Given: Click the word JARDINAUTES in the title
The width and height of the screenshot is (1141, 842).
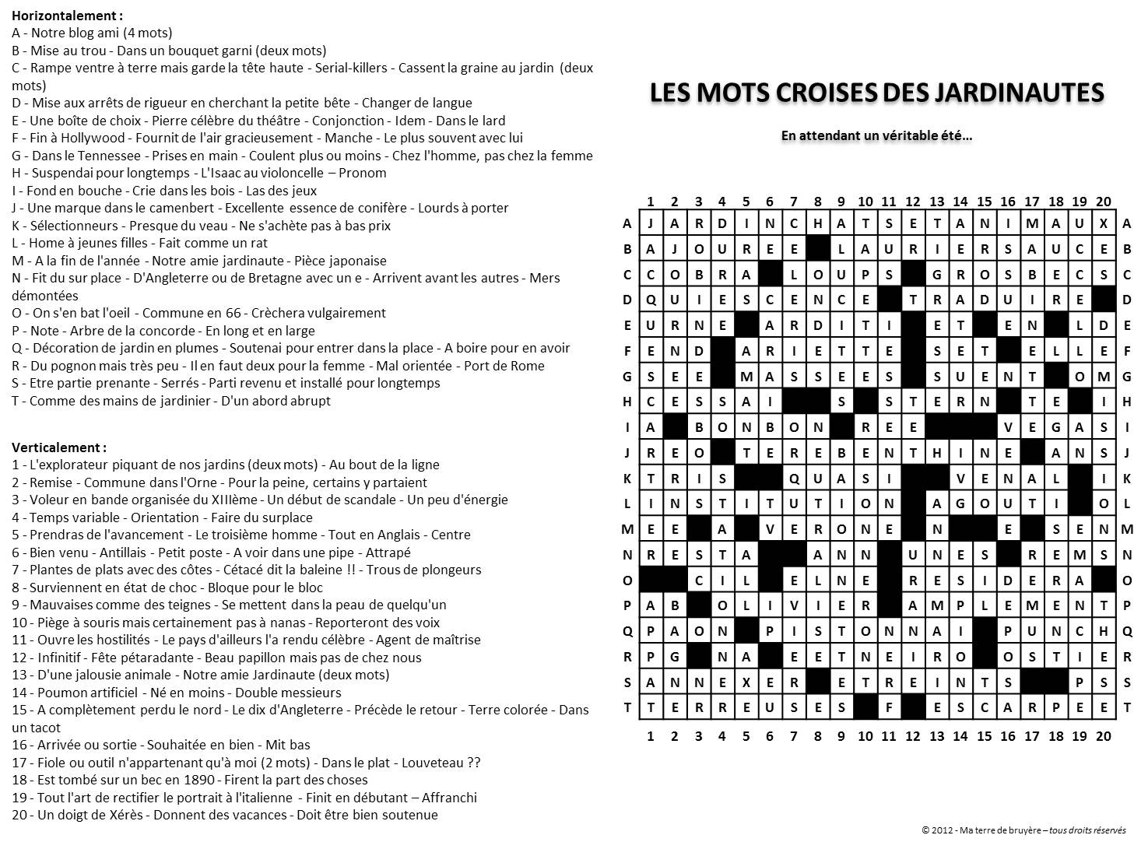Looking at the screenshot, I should (1019, 93).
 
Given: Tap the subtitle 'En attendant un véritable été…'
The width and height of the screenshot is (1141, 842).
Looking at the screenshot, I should (876, 136).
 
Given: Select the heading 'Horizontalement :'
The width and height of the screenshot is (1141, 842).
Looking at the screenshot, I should (67, 16).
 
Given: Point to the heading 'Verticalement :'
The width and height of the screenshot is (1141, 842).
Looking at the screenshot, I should (59, 447).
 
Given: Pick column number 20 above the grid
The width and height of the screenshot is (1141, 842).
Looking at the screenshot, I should (1103, 202).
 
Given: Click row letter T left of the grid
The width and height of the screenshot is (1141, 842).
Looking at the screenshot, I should (627, 708).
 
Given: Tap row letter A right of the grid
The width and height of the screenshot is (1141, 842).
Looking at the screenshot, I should (1126, 223).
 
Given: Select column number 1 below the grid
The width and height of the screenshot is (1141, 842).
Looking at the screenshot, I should (651, 736).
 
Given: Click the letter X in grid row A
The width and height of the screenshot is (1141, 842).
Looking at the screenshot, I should (1103, 223).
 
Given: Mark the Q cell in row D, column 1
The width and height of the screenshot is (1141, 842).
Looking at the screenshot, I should (651, 300).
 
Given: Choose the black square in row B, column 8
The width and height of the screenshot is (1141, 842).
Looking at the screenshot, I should (817, 249).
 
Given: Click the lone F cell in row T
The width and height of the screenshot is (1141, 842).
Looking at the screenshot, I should (889, 708).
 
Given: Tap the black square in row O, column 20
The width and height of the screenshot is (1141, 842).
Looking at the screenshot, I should (1103, 581).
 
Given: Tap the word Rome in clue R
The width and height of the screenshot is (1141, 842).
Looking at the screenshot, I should (528, 366).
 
